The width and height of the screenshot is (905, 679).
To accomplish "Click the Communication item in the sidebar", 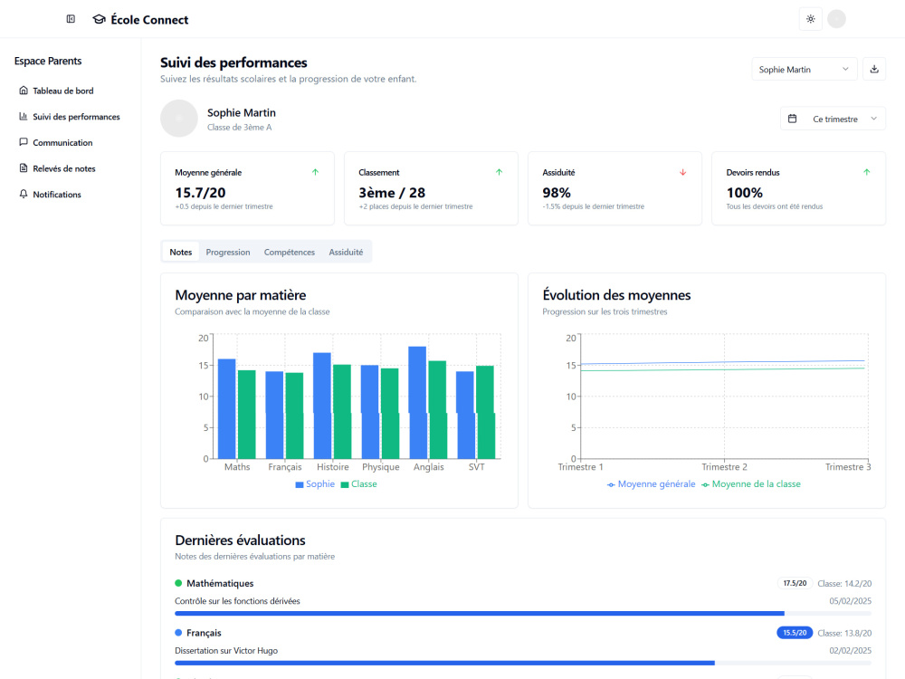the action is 55,143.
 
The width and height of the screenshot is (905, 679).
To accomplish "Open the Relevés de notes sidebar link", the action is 57,168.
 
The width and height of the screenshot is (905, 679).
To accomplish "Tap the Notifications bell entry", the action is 50,195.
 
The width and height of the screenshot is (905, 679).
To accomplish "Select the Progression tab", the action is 228,253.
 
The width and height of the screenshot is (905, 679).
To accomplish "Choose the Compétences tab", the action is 290,253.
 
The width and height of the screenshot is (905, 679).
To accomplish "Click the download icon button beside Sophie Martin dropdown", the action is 874,70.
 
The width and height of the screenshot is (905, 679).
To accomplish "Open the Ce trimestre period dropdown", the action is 833,119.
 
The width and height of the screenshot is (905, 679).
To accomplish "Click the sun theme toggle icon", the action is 810,19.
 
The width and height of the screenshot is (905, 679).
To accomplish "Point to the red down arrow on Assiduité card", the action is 682,172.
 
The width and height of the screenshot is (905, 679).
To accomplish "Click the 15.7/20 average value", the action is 200,193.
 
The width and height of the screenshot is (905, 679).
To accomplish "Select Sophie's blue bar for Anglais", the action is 417,403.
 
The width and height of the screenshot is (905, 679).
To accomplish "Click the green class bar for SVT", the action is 485,412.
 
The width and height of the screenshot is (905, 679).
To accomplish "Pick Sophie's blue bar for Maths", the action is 227,409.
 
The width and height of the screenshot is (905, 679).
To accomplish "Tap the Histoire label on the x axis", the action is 332,467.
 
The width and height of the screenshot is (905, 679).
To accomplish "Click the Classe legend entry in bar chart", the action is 358,484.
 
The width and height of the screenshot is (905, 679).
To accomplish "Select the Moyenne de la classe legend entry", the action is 751,484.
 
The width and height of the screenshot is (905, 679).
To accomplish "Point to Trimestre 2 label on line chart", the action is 724,467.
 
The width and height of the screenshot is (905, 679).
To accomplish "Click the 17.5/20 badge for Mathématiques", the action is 795,583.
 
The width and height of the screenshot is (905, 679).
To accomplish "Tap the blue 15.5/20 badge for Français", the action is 795,633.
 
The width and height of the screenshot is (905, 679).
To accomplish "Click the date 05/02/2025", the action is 850,601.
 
